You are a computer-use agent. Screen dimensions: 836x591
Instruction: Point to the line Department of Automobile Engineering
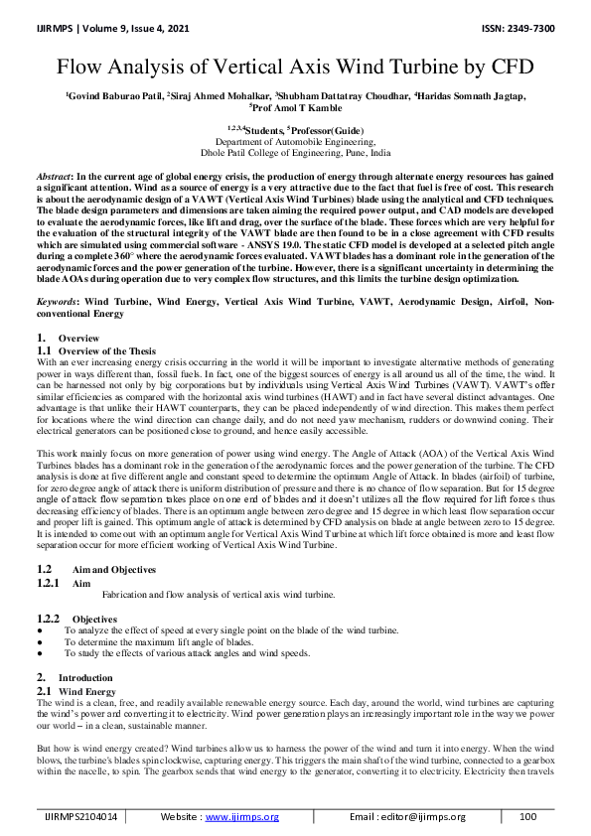(296, 143)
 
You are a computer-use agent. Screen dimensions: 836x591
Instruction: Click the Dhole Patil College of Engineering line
(296, 154)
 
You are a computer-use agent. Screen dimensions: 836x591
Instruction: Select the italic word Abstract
(54, 175)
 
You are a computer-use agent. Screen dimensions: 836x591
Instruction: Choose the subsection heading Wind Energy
(87, 690)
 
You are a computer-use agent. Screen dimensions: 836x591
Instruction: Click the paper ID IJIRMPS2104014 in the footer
(80, 816)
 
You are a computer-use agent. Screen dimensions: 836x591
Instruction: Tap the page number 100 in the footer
(527, 816)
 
